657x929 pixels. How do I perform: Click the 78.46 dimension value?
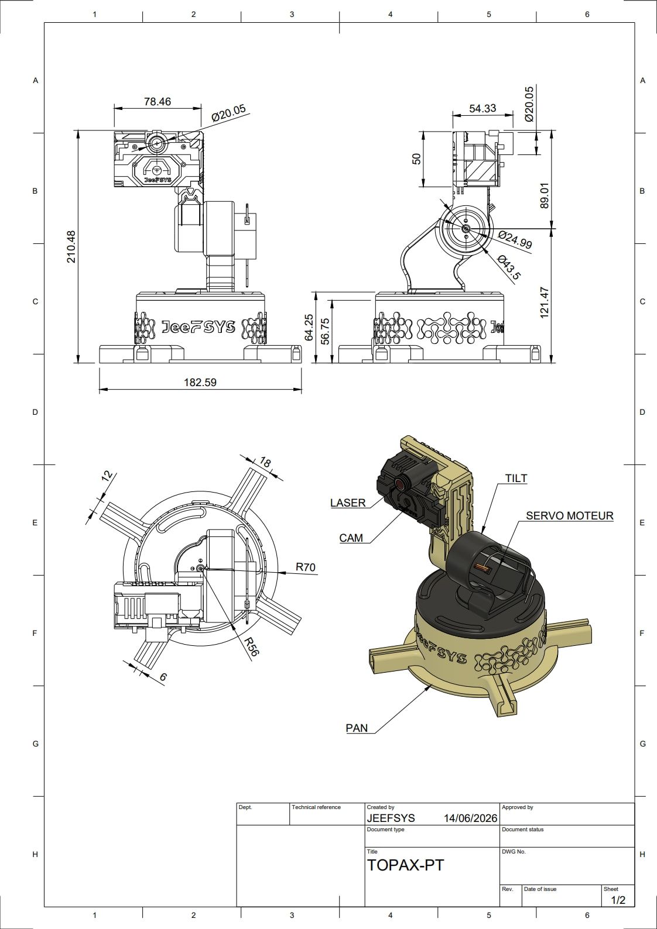[x=158, y=102]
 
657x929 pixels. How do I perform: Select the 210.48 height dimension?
[x=71, y=247]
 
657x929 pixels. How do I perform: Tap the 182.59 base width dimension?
[x=200, y=382]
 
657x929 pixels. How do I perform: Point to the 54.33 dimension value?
[x=483, y=108]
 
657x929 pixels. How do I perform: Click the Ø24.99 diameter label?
[x=515, y=239]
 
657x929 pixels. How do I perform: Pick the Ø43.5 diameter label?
[x=508, y=267]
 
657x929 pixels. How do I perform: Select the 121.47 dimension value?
[x=545, y=303]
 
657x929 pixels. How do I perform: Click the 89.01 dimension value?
[x=545, y=195]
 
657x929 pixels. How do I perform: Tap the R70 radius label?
[x=306, y=566]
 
